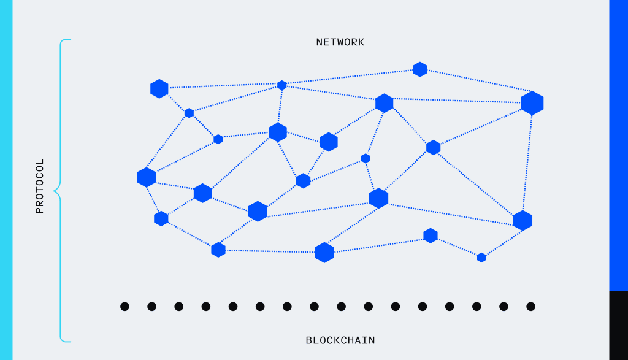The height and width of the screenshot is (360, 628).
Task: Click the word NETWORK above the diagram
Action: click(x=340, y=42)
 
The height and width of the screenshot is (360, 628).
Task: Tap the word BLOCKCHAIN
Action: click(x=340, y=340)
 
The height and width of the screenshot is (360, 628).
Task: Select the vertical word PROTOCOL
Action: click(x=40, y=186)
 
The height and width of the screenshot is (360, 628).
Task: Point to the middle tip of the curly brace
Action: click(x=55, y=192)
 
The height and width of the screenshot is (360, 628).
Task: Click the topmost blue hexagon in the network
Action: click(x=420, y=69)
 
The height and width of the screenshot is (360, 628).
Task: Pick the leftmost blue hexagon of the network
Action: click(x=147, y=177)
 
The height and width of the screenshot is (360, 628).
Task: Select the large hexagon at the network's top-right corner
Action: click(x=532, y=103)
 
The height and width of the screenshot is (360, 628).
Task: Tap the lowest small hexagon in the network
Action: click(x=481, y=258)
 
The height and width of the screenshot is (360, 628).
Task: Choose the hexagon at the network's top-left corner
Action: click(x=159, y=88)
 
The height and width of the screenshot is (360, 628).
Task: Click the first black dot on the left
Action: click(x=124, y=306)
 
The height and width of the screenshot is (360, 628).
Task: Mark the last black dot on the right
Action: click(x=530, y=306)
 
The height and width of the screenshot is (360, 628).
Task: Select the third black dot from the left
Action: click(x=178, y=306)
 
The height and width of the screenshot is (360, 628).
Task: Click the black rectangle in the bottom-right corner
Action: click(x=618, y=325)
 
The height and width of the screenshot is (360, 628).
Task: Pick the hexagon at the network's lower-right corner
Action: click(x=523, y=221)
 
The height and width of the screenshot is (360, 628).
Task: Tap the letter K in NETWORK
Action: click(x=361, y=42)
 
